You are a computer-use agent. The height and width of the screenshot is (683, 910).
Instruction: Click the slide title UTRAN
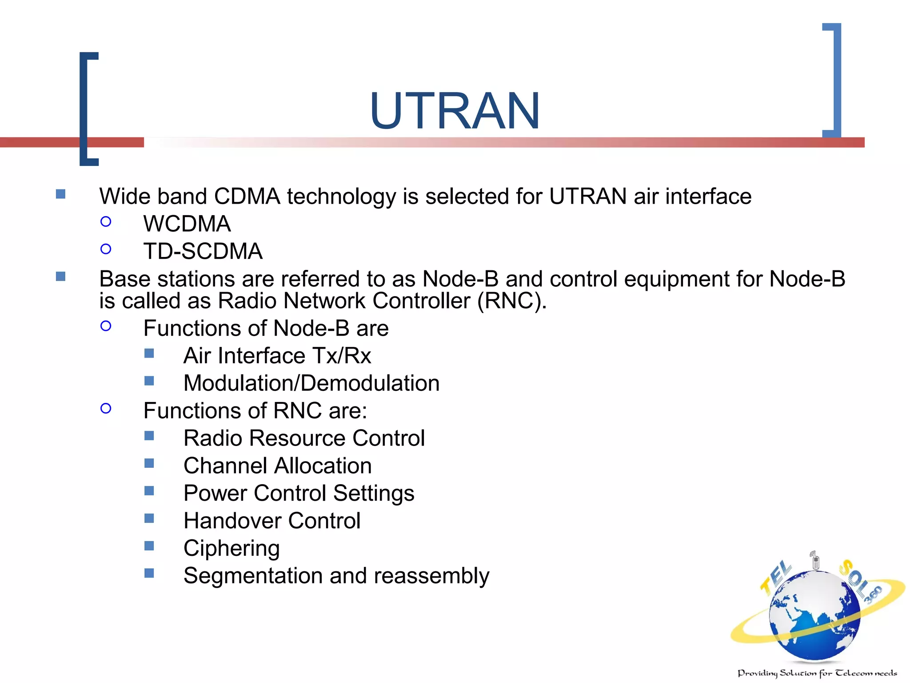(x=455, y=111)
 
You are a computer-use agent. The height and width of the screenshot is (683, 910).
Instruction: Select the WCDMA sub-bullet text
(x=187, y=224)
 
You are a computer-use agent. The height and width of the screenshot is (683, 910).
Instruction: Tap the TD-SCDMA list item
(x=203, y=251)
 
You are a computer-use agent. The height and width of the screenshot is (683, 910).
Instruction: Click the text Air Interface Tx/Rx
(x=277, y=356)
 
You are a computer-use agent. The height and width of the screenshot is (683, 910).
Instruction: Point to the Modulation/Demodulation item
(x=311, y=383)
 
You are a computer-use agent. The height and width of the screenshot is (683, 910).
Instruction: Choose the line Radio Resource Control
(x=304, y=438)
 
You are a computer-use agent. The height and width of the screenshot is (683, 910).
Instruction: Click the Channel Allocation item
(x=277, y=466)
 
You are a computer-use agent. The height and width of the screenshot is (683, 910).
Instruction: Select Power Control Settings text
(x=299, y=494)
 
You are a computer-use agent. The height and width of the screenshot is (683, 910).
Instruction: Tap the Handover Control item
(x=271, y=521)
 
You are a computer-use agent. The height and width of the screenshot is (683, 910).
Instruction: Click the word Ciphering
(x=231, y=549)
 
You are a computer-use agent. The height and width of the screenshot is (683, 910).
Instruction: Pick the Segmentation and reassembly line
(x=336, y=576)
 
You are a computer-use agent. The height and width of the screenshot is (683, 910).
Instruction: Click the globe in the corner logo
(x=814, y=616)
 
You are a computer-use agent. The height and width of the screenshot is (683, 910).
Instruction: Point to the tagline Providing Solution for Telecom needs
(x=817, y=673)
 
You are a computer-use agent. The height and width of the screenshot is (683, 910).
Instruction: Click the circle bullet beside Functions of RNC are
(x=106, y=409)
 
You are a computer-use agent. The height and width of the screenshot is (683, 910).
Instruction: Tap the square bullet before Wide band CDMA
(x=61, y=194)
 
